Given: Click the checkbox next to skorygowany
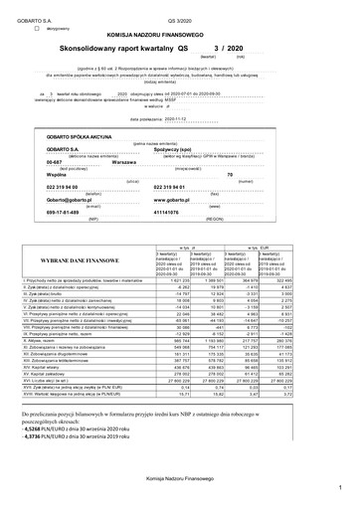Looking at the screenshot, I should click(38, 30).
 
